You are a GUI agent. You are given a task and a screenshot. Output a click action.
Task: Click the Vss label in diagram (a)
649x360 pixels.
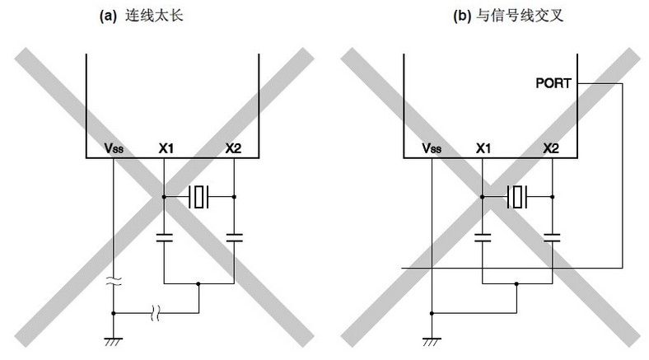[114, 148]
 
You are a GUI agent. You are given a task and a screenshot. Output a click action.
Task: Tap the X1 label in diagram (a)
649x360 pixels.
[166, 148]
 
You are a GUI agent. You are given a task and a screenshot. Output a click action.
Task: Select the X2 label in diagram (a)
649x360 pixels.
[233, 148]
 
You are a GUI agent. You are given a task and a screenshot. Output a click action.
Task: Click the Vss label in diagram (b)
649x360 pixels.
[432, 148]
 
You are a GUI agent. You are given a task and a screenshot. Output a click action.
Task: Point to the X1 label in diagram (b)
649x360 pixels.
[483, 148]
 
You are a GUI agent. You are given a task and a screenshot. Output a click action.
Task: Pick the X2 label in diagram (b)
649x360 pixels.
[551, 148]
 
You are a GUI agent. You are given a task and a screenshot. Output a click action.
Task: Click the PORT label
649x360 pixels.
[553, 83]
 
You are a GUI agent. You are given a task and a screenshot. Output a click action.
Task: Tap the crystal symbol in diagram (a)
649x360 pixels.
[199, 197]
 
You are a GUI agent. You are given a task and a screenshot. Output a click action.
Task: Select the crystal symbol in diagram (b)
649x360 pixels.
[517, 197]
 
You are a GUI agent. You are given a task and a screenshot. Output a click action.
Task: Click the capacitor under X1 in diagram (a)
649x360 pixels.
[165, 237]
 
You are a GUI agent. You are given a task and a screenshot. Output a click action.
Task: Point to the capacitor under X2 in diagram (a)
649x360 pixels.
[234, 237]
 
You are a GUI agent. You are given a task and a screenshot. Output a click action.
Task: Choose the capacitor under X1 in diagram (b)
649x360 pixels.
[482, 237]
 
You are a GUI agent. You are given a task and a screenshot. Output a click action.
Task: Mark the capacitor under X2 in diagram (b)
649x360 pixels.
[552, 237]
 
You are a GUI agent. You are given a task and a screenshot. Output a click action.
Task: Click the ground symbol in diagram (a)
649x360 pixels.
[114, 341]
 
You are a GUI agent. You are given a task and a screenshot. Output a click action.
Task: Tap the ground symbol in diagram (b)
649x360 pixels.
[432, 341]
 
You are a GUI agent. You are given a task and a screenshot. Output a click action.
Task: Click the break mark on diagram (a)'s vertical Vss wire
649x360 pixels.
[114, 282]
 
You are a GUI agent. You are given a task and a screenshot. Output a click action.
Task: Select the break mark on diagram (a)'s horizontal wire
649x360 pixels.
[155, 313]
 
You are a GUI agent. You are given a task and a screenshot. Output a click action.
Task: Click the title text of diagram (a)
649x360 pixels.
[141, 16]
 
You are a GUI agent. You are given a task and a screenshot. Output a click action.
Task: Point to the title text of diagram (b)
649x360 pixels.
[508, 16]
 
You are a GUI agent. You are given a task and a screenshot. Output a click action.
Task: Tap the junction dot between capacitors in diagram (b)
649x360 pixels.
[516, 284]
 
